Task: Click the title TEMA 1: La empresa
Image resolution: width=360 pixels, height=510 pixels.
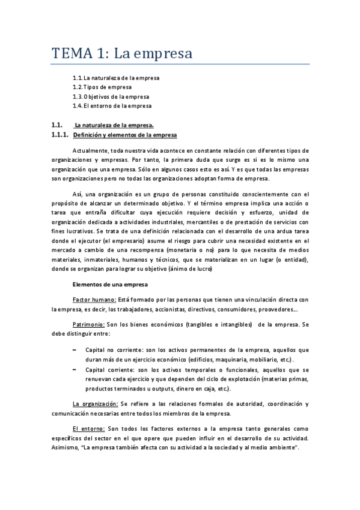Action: pos(121,54)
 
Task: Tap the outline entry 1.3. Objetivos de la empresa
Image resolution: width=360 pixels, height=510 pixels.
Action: pos(111,96)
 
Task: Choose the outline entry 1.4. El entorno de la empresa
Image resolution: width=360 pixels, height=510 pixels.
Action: pos(112,106)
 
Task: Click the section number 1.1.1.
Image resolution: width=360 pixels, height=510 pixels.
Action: pos(61,135)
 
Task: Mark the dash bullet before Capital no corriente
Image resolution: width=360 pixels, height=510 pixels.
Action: pos(74,349)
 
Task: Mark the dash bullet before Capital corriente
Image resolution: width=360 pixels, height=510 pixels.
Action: pos(74,369)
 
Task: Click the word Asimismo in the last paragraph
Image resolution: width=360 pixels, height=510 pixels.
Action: pos(66,448)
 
